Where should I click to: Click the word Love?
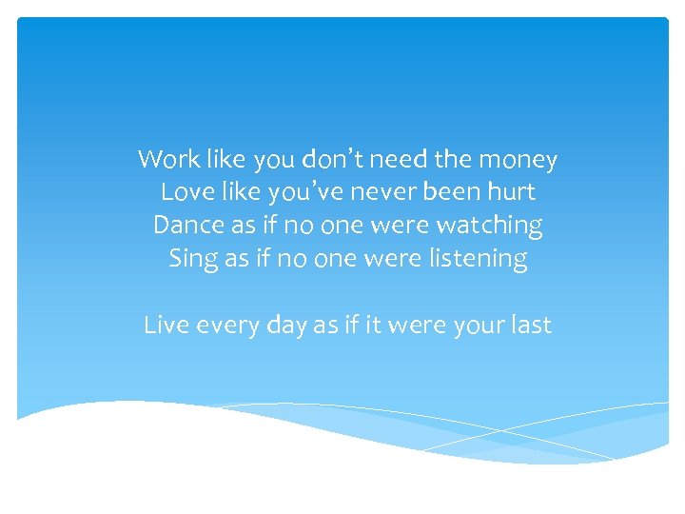pyautogui.click(x=185, y=192)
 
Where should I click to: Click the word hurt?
pyautogui.click(x=510, y=192)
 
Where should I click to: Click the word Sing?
pyautogui.click(x=192, y=259)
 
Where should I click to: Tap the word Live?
pyautogui.click(x=165, y=325)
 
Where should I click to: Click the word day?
pyautogui.click(x=287, y=326)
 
